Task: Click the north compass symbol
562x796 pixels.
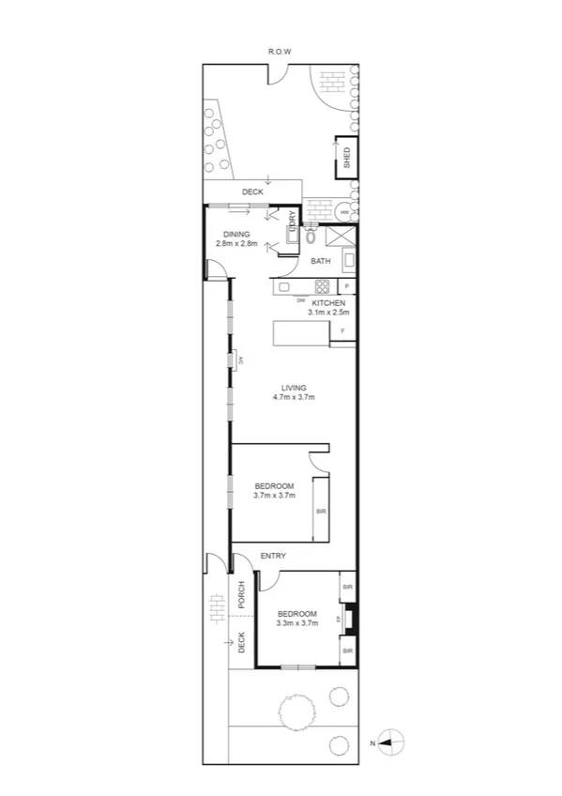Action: click(391, 742)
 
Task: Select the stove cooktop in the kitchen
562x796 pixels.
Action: click(321, 287)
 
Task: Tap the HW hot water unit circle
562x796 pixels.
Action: click(344, 212)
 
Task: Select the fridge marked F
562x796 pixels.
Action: click(343, 332)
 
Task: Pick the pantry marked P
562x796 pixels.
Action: click(346, 286)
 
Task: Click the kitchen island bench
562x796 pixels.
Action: click(299, 334)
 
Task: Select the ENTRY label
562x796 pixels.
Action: click(273, 557)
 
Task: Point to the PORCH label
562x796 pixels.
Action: click(241, 595)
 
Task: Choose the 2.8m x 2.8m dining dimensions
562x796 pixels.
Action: click(236, 244)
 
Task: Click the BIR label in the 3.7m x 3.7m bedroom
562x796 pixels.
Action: click(321, 511)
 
